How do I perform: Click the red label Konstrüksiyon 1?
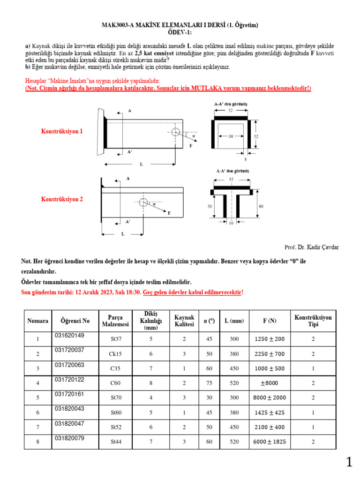pyautogui.click(x=62, y=132)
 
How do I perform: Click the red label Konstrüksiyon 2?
pyautogui.click(x=62, y=199)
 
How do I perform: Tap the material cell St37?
pyautogui.click(x=115, y=339)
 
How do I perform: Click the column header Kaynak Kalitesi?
pyautogui.click(x=184, y=321)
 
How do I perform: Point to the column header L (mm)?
pyautogui.click(x=234, y=321)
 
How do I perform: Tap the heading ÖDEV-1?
pyautogui.click(x=180, y=32)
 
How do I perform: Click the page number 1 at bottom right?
pyautogui.click(x=349, y=463)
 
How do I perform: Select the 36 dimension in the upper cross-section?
pyautogui.click(x=231, y=136)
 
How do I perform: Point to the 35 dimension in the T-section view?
pyautogui.click(x=231, y=180)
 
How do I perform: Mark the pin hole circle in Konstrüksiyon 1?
pyautogui.click(x=176, y=132)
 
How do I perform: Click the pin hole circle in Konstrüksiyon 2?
pyautogui.click(x=143, y=202)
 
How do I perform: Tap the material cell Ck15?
pyautogui.click(x=115, y=354)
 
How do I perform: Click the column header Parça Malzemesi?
pyautogui.click(x=115, y=321)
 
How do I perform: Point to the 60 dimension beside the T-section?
pyautogui.click(x=261, y=206)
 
